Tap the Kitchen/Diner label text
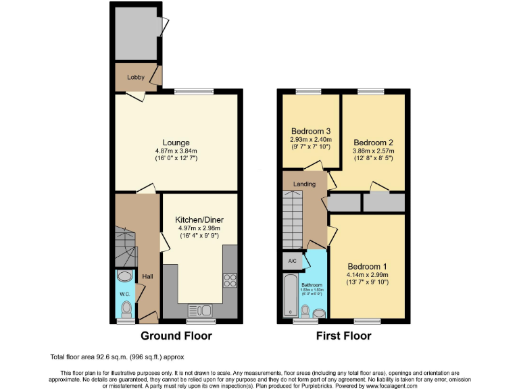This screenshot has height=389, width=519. [x=199, y=220]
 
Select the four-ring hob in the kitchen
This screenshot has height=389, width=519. [x=230, y=280]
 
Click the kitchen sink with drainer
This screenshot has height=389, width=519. [x=200, y=310]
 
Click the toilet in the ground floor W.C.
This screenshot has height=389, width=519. [x=126, y=309]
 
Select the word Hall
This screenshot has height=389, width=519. [x=147, y=276]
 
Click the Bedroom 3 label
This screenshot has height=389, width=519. [x=311, y=131]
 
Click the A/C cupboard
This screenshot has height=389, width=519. [x=292, y=260]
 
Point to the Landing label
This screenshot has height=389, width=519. [x=304, y=183]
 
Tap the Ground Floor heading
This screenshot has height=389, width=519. [x=176, y=336]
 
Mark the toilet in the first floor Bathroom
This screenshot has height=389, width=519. [x=305, y=311]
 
